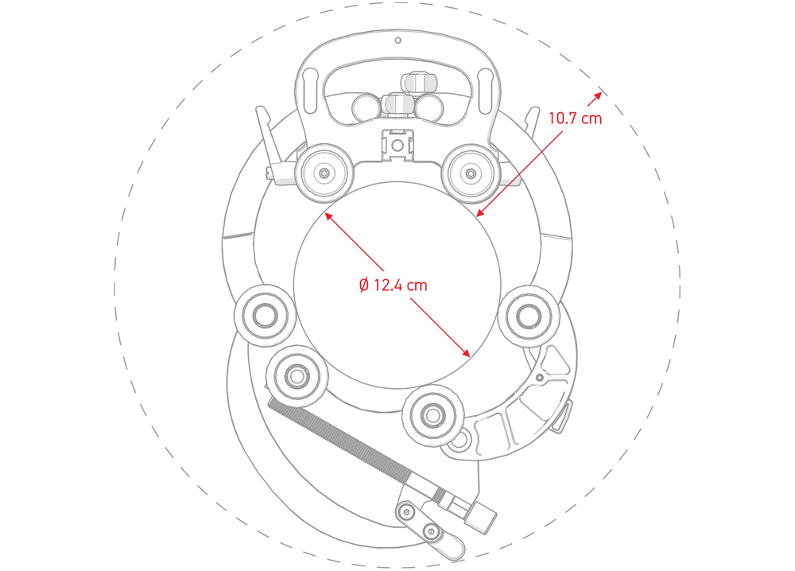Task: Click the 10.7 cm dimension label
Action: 575,118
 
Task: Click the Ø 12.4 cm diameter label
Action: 393,285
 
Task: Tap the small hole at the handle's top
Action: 398,40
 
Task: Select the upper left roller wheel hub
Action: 324,173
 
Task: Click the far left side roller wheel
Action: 264,316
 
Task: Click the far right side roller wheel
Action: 529,316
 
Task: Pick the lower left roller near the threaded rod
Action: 297,376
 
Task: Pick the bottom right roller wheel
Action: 432,415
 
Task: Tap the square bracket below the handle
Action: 397,146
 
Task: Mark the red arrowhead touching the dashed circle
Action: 597,95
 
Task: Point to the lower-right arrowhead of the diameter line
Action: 465,352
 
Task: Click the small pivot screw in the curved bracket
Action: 540,378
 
